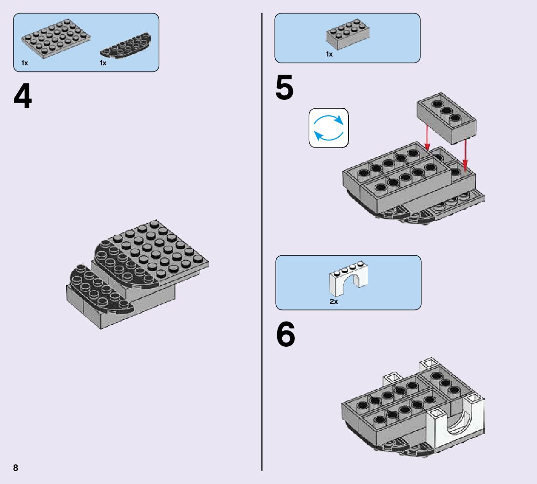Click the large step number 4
pos(23,97)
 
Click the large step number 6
pos(286,336)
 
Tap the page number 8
pos(15,468)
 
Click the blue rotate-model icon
pos(328,128)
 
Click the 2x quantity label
pos(334,302)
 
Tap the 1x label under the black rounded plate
pos(103,63)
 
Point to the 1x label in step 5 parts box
pos(329,55)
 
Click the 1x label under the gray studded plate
pos(25,63)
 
